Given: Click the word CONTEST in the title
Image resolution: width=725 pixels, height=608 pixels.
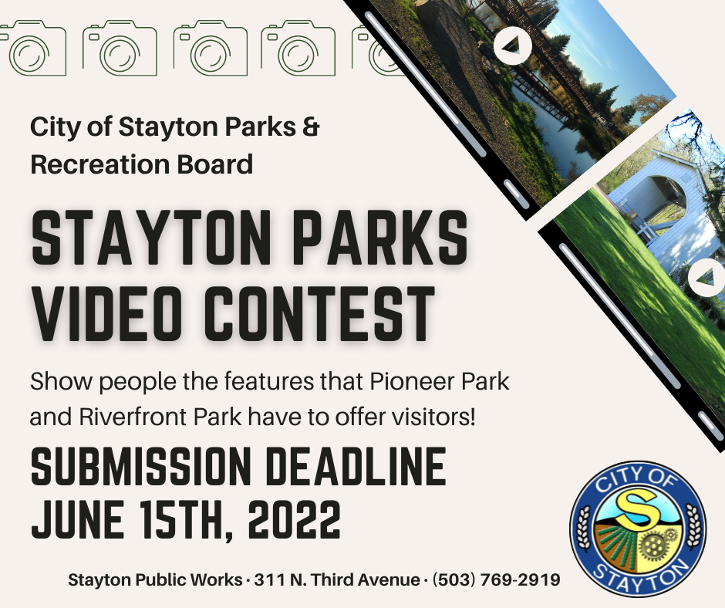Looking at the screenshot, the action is pyautogui.click(x=319, y=314).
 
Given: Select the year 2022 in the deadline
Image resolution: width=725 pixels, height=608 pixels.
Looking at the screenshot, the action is pyautogui.click(x=294, y=519).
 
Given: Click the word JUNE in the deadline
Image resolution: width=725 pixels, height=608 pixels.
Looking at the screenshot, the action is pyautogui.click(x=77, y=519).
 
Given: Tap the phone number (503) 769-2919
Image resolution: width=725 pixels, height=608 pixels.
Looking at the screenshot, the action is pyautogui.click(x=496, y=579).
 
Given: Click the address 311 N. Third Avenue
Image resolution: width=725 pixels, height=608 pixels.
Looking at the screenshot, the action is pyautogui.click(x=337, y=579).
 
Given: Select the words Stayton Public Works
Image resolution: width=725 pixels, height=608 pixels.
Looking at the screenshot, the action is pyautogui.click(x=155, y=579).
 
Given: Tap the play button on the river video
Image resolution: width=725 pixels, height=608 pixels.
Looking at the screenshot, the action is pyautogui.click(x=512, y=46).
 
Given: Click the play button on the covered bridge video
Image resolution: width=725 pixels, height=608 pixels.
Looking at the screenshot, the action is pyautogui.click(x=706, y=278).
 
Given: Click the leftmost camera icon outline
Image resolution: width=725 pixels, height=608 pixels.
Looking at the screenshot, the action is pyautogui.click(x=32, y=48).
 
